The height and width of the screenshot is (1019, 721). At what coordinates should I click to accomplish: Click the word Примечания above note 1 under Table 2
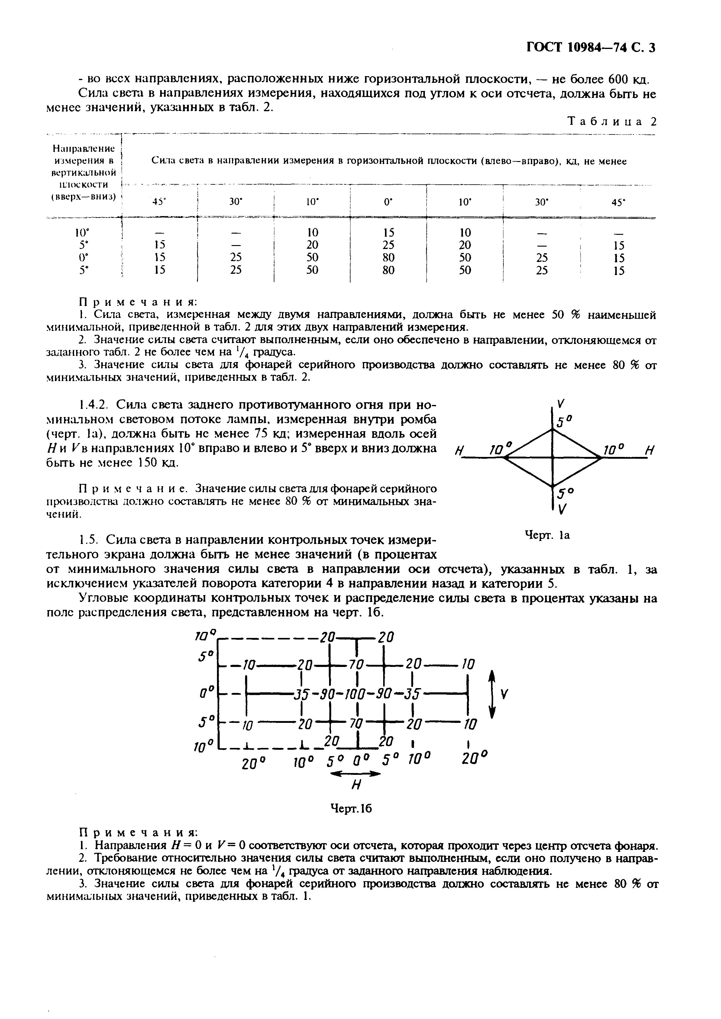point(137,302)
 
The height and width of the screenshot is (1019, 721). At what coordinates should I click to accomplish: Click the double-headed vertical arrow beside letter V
point(491,694)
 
